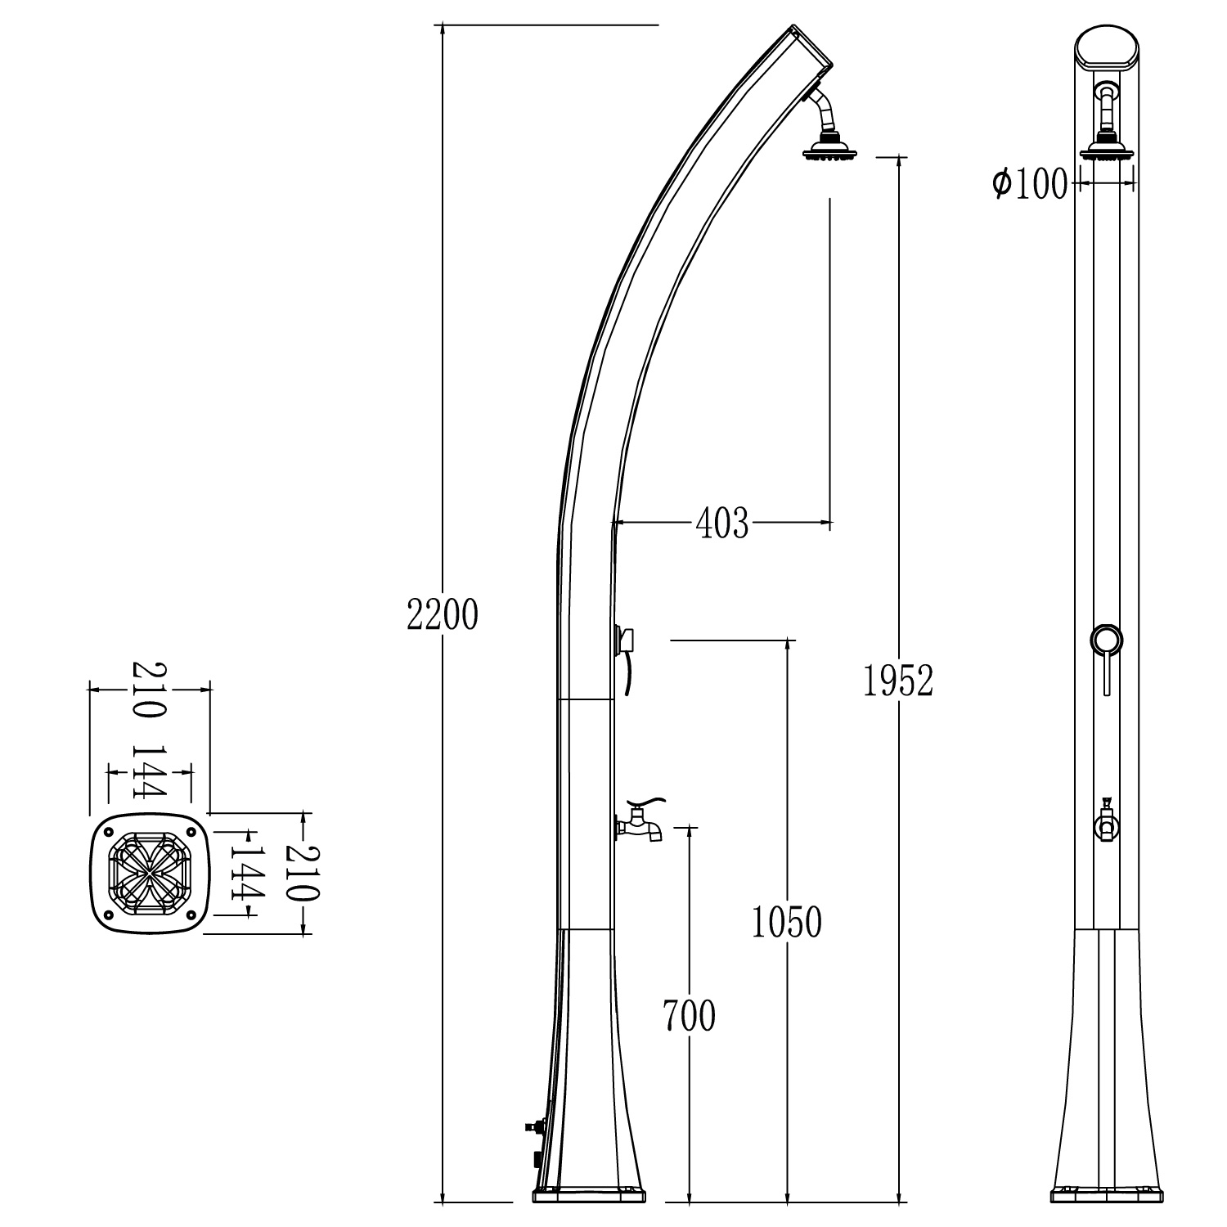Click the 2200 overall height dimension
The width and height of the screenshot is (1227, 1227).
(442, 615)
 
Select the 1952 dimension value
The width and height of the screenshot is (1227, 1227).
(898, 681)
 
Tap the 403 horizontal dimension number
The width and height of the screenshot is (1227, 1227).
(721, 524)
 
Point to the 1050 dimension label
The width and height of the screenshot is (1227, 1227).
(786, 923)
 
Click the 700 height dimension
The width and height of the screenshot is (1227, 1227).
(689, 1016)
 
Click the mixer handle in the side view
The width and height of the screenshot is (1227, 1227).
(625, 640)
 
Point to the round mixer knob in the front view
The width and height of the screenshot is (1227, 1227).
(1107, 640)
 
